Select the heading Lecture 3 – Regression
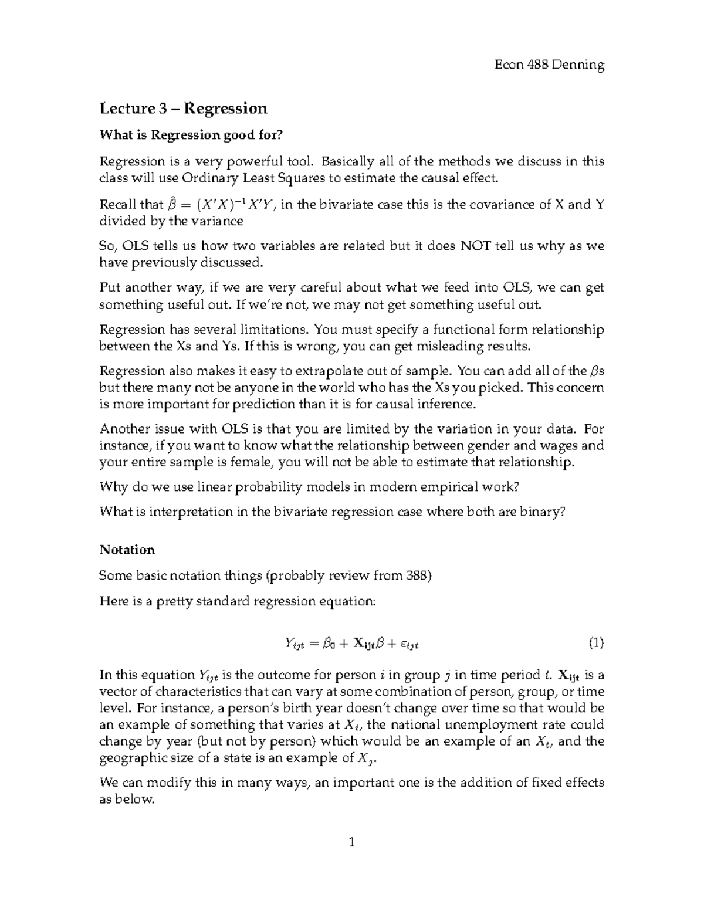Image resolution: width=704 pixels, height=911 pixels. tap(183, 109)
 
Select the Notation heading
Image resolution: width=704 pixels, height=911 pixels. tap(127, 550)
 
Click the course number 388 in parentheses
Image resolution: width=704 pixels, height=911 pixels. tap(417, 575)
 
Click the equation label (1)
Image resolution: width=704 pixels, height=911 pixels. tap(595, 643)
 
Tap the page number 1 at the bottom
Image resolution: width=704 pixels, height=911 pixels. tap(351, 844)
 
